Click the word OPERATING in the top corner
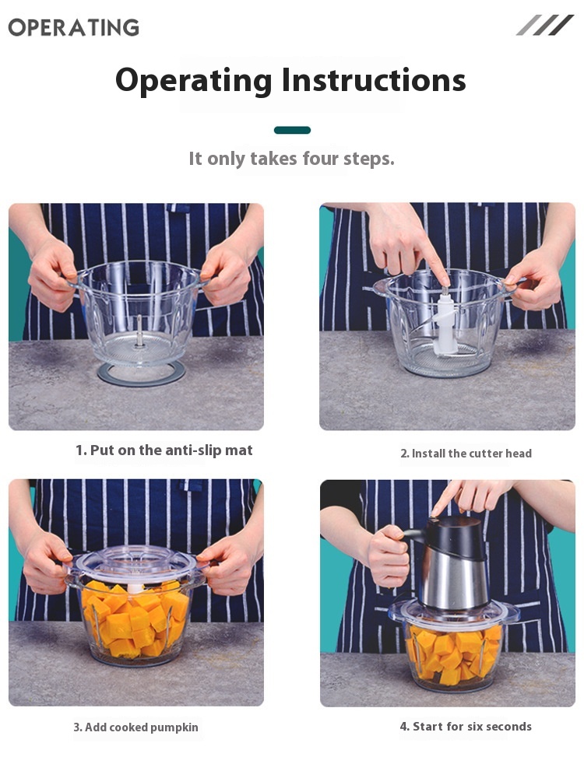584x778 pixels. tap(73, 27)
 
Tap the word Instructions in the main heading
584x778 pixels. tap(374, 80)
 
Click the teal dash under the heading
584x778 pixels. tap(292, 130)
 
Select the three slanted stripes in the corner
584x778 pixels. tap(545, 25)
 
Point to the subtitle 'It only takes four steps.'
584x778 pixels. tap(291, 159)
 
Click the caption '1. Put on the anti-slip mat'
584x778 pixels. tap(164, 450)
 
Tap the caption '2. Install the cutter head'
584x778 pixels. tap(466, 453)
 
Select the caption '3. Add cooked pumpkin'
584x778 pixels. tap(135, 727)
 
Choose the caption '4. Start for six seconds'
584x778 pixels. tap(466, 727)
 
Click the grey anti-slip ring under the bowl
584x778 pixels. tap(141, 380)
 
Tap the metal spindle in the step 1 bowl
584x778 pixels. tap(139, 331)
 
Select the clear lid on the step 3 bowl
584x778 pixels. tap(133, 566)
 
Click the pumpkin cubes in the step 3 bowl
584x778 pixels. tap(135, 620)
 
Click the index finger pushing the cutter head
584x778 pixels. tap(432, 261)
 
